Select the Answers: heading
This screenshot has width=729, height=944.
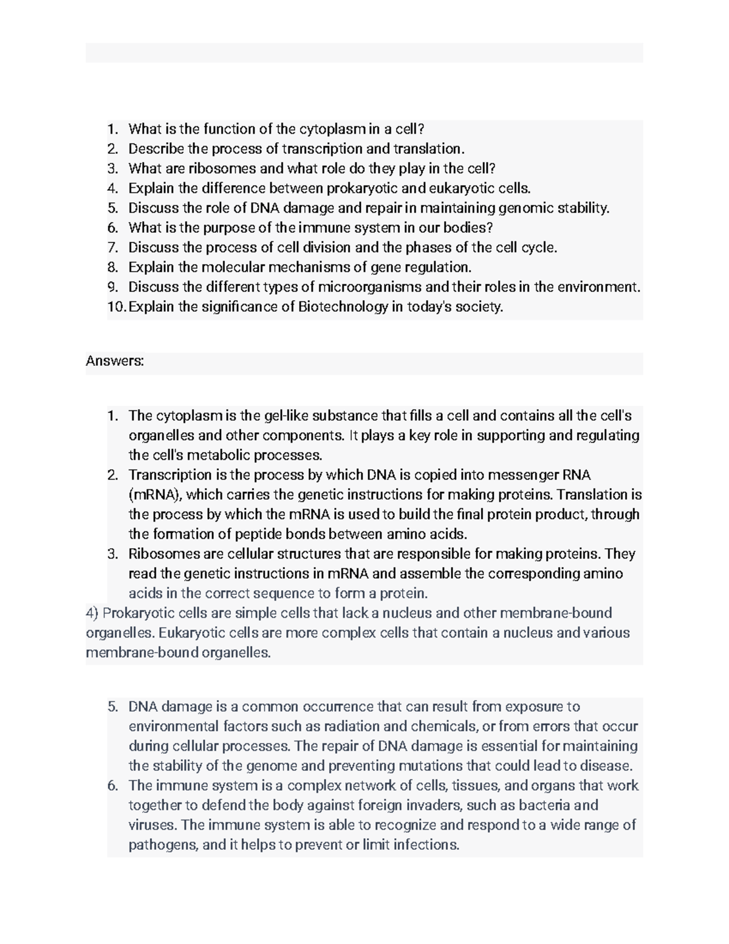115,361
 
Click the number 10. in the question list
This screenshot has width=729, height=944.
117,307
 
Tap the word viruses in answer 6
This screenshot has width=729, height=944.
153,825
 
